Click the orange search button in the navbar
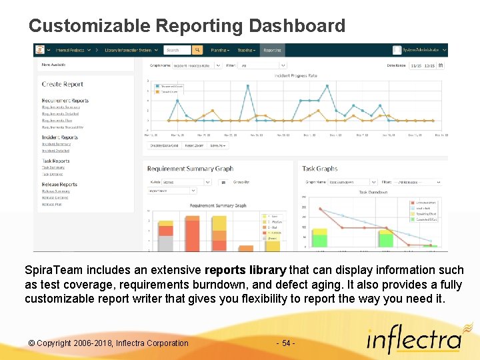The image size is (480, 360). tap(197, 50)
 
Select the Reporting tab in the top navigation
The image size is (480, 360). tap(272, 50)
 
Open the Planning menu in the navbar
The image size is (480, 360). tap(219, 50)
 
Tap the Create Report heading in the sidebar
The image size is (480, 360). tap(63, 85)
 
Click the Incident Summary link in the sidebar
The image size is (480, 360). tap(56, 144)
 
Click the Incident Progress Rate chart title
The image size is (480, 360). tap(295, 76)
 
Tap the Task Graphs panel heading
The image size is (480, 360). tap(320, 169)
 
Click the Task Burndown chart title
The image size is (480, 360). tap(373, 192)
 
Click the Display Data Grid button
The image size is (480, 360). tap(163, 145)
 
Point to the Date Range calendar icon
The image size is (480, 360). tap(441, 65)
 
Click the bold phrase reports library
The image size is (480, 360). tap(245, 271)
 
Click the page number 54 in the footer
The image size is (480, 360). tap(285, 343)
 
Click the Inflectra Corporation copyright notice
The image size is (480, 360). tap(108, 343)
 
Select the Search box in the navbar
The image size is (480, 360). tap(177, 50)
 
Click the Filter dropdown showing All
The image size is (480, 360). tap(263, 65)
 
